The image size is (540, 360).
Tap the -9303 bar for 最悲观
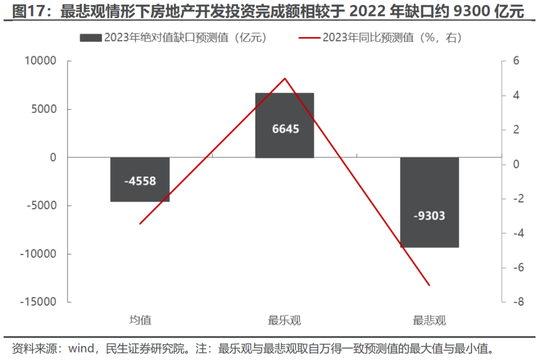(x=429, y=235)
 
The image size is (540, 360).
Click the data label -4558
(x=140, y=181)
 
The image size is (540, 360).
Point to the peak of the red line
(x=285, y=78)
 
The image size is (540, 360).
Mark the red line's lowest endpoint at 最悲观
(x=429, y=285)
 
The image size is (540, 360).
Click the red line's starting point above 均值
(x=140, y=223)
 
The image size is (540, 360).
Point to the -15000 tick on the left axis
(x=39, y=302)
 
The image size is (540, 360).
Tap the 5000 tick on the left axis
(x=44, y=109)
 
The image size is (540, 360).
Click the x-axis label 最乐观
(x=284, y=320)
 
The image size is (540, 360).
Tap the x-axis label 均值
(x=140, y=320)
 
